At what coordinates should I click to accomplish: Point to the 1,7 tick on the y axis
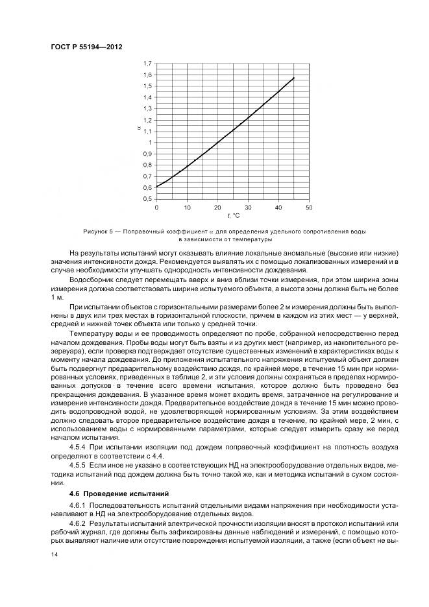[147, 64]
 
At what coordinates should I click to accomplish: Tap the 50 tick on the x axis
[309, 207]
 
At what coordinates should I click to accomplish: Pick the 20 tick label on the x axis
[217, 207]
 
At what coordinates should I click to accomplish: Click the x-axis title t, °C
[232, 215]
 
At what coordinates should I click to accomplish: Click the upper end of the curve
[294, 78]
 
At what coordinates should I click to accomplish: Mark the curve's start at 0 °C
[156, 187]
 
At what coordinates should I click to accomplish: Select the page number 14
[53, 554]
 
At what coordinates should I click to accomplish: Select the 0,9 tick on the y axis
[147, 154]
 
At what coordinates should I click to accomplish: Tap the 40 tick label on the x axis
[278, 207]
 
